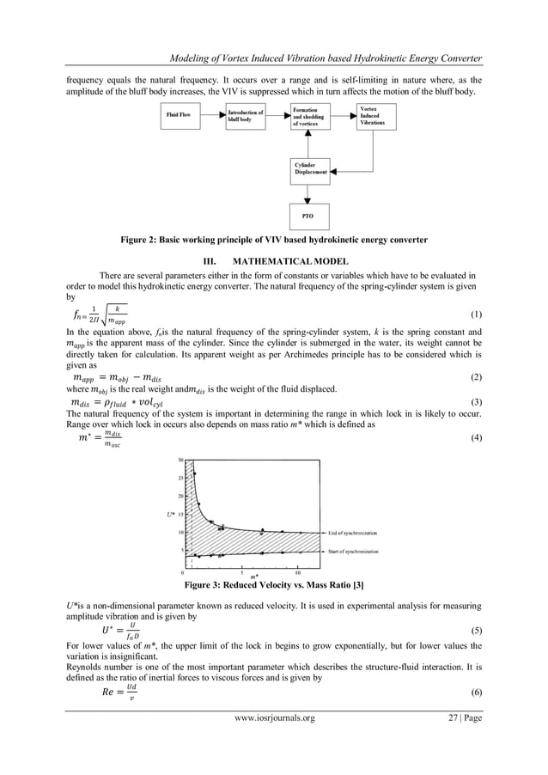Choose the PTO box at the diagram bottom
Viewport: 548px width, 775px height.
click(x=311, y=215)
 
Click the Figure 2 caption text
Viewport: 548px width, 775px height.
click(x=273, y=238)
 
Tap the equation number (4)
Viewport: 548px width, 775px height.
click(x=478, y=438)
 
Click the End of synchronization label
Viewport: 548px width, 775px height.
click(x=353, y=533)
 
